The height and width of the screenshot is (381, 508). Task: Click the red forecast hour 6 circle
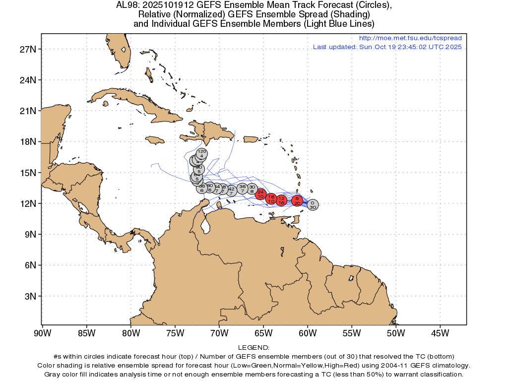coord(297,200)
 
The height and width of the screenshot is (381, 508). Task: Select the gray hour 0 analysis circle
coord(313,204)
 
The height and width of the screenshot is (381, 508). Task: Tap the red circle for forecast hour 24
coord(261,194)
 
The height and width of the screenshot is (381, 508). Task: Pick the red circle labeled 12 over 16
coord(281,200)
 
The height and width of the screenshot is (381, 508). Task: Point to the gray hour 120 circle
coord(202,153)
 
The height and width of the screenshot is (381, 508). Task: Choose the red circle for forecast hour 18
coord(271,199)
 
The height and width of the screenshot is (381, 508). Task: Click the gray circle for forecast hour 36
coord(243,188)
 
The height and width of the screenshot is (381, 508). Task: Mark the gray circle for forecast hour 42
coord(231,190)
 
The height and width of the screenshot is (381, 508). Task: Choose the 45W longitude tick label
coord(440,332)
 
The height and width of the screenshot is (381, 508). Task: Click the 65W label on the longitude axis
coord(263,332)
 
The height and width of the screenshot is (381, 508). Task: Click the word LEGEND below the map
coord(254,348)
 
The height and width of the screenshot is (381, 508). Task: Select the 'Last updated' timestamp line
coord(387,47)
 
